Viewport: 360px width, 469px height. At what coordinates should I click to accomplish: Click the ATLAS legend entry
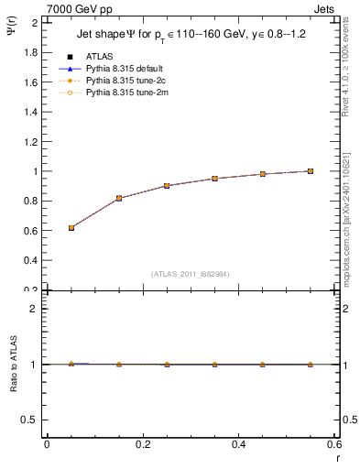(x=98, y=56)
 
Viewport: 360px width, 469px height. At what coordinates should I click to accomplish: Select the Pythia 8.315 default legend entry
(x=123, y=68)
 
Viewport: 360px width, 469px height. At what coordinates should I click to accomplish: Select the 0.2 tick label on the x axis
(x=142, y=444)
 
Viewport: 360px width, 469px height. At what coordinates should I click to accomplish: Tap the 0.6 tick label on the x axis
(x=333, y=444)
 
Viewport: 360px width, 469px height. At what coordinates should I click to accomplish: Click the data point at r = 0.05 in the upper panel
(x=71, y=228)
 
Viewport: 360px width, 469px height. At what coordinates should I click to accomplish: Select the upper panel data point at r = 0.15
(x=119, y=198)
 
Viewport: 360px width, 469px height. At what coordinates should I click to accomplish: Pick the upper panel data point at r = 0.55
(x=311, y=171)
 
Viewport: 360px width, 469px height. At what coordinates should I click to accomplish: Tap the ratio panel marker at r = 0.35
(x=214, y=365)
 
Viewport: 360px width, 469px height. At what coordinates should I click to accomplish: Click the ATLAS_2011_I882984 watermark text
(x=191, y=274)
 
